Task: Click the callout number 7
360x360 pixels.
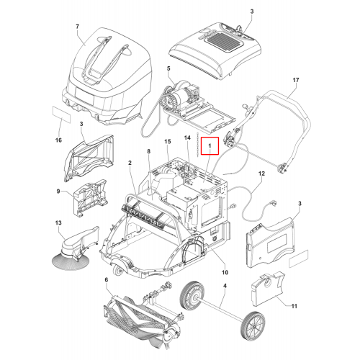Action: (x=77, y=27)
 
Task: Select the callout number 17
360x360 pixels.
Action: (x=296, y=80)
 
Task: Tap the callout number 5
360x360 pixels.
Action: (x=168, y=68)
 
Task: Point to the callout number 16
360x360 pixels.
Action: (x=58, y=140)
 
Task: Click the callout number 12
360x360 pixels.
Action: (x=261, y=174)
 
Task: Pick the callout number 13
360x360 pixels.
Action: (x=58, y=222)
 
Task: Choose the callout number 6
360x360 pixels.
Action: (x=107, y=280)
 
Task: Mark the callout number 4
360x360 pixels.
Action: (x=225, y=286)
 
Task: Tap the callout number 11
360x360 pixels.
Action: (x=294, y=306)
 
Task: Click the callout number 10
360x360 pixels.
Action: (x=225, y=272)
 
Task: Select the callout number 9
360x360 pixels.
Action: (x=58, y=192)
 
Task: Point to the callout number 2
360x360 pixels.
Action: (x=130, y=163)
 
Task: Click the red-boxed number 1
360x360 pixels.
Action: (x=210, y=145)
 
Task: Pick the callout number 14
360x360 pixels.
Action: (x=187, y=138)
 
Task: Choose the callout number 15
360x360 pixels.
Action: (x=168, y=141)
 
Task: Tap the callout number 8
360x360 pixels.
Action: (x=149, y=151)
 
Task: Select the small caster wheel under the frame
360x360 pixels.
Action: (x=118, y=270)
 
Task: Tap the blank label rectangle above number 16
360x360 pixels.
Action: (x=62, y=115)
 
